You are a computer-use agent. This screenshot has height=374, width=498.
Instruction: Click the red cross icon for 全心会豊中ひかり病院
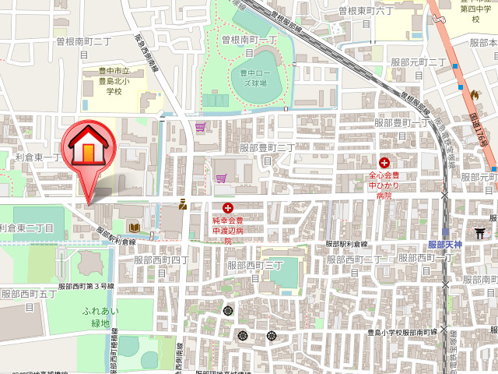pos(384,163)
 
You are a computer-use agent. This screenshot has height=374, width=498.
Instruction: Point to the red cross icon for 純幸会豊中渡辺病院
pos(228,207)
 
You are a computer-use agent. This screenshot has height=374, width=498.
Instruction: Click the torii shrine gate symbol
pos(480,234)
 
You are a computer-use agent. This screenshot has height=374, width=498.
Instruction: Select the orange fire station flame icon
pos(473,93)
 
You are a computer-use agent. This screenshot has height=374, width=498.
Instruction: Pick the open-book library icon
pos(135,228)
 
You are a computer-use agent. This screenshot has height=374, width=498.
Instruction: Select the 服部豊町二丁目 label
pos(267,152)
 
